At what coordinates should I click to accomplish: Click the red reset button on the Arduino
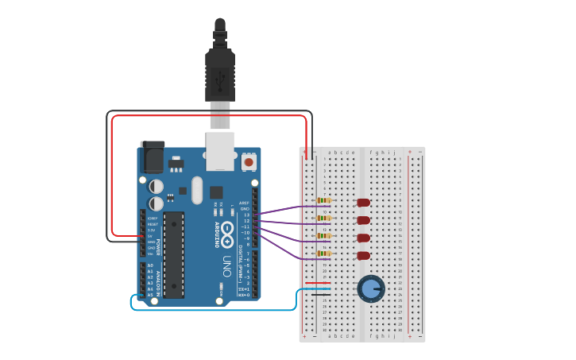249,161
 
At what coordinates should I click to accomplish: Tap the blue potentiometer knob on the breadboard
370,288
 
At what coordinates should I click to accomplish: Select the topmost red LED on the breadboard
363,203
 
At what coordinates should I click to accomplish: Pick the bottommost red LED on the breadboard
363,255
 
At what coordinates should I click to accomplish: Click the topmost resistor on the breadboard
323,200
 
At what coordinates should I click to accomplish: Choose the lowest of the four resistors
323,254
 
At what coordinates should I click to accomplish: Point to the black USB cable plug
219,72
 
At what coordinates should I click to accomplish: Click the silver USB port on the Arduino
220,150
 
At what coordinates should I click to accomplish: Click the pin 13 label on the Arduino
246,215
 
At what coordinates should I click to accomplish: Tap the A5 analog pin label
149,295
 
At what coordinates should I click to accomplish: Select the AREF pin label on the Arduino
245,203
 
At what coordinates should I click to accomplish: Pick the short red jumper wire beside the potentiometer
317,283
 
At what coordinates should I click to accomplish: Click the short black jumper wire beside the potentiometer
320,295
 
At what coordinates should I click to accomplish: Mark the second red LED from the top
363,220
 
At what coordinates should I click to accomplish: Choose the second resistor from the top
323,218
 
